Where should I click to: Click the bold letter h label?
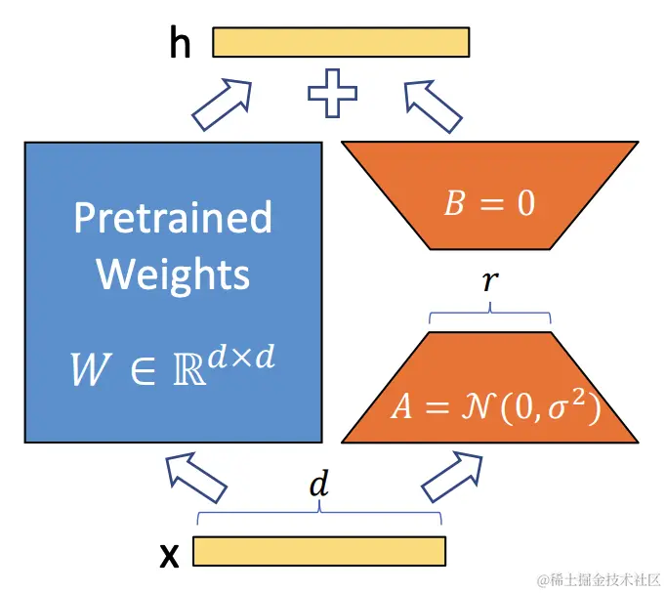[180, 43]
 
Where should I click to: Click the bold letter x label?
[169, 555]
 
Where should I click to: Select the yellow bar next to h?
[341, 42]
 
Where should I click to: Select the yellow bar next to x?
[318, 551]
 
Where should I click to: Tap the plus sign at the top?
[332, 95]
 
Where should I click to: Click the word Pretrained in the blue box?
[173, 217]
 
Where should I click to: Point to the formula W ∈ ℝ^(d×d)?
[173, 364]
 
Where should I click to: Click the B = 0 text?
[490, 204]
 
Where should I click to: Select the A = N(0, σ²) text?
[495, 405]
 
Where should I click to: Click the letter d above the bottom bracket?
[316, 486]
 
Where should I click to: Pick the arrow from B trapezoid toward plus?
[432, 105]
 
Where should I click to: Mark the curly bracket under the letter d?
[319, 514]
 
